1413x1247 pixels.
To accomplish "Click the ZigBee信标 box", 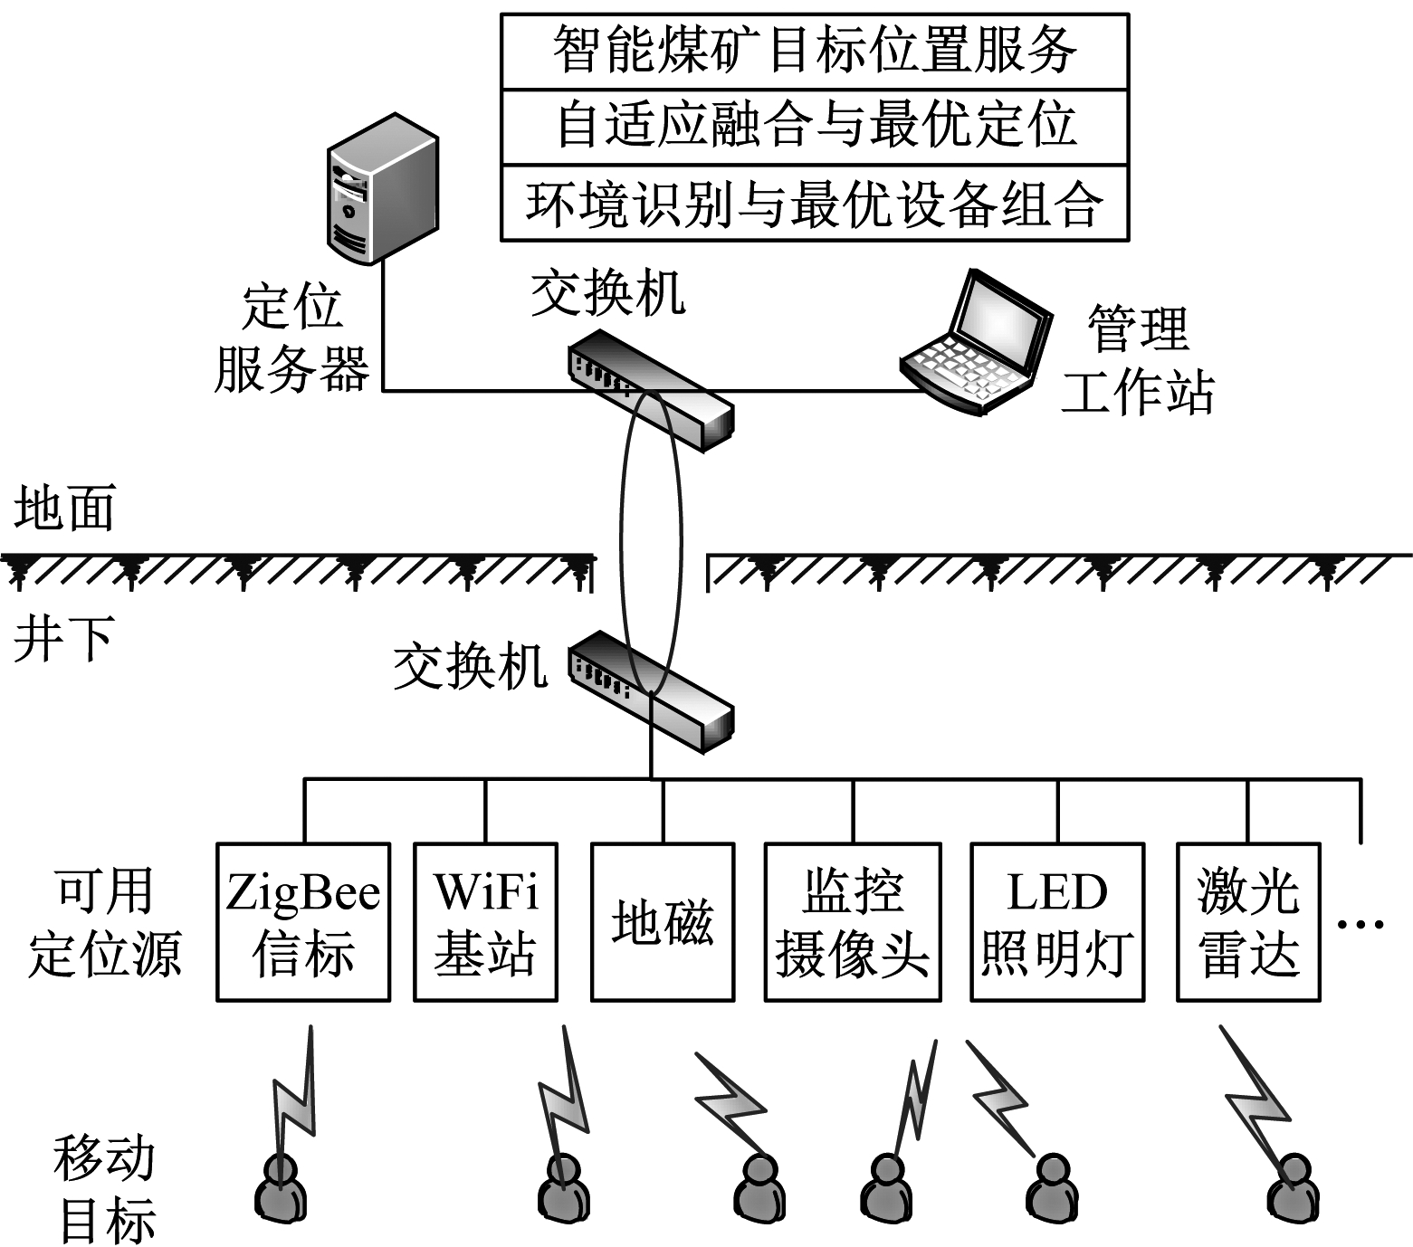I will pyautogui.click(x=303, y=922).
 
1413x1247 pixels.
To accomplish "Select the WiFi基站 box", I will pyautogui.click(x=485, y=922).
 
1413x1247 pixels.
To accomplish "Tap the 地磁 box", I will pyautogui.click(x=663, y=922).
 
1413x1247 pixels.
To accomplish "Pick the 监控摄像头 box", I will pyautogui.click(x=853, y=922).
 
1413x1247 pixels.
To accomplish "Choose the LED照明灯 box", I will pyautogui.click(x=1057, y=922).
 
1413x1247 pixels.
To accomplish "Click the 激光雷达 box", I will pyautogui.click(x=1248, y=922).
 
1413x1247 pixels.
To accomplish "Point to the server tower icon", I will pyautogui.click(x=382, y=190).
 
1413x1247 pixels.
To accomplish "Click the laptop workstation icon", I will pyautogui.click(x=976, y=344).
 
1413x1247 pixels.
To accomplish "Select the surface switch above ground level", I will pyautogui.click(x=650, y=389).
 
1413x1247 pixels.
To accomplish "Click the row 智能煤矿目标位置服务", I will pyautogui.click(x=815, y=51).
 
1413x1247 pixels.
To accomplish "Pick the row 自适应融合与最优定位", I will pyautogui.click(x=815, y=126).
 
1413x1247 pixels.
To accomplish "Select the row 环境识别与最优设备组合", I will pyautogui.click(x=815, y=203).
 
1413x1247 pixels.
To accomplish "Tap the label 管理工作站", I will pyautogui.click(x=1137, y=360).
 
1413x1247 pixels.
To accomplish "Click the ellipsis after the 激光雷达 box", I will pyautogui.click(x=1360, y=924).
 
